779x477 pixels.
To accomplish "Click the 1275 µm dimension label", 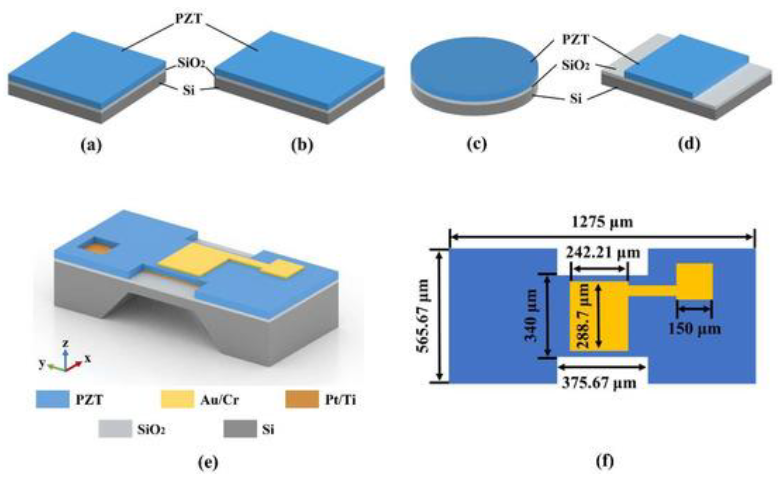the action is point(602,222).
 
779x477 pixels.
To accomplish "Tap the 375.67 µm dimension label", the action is point(599,383).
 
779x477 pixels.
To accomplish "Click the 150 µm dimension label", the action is point(694,329).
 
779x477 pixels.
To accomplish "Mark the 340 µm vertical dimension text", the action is point(531,316).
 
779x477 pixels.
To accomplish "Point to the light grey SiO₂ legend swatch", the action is point(115,429).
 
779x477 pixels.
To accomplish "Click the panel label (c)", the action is point(477,144).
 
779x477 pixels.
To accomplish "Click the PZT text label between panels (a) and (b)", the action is point(188,19).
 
